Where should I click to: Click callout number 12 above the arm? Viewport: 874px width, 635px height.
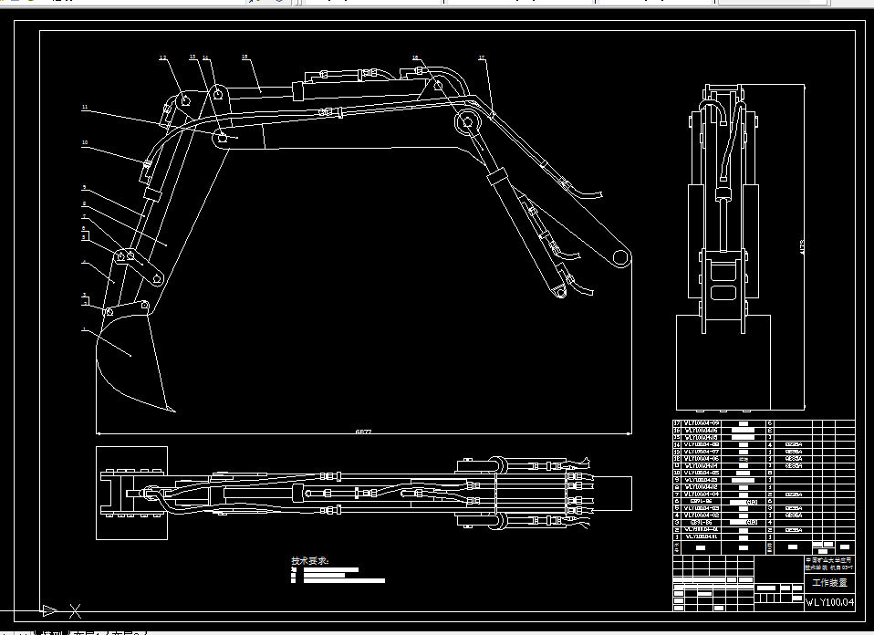(163, 57)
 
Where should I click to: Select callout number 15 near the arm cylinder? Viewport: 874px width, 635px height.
(245, 57)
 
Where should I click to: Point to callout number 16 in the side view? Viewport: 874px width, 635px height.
(415, 57)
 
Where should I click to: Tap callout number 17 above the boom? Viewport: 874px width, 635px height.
(482, 59)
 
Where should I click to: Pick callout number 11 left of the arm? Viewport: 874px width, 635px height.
(84, 108)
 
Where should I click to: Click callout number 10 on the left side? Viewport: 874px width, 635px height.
(84, 142)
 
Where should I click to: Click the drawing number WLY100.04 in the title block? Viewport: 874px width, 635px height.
(829, 602)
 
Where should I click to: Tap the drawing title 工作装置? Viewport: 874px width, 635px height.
(829, 582)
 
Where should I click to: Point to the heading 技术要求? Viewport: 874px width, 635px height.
(310, 560)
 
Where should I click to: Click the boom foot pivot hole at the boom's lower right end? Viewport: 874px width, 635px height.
(620, 256)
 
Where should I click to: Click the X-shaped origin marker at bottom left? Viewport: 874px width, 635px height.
(76, 610)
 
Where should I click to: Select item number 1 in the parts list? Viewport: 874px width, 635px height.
(676, 536)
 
